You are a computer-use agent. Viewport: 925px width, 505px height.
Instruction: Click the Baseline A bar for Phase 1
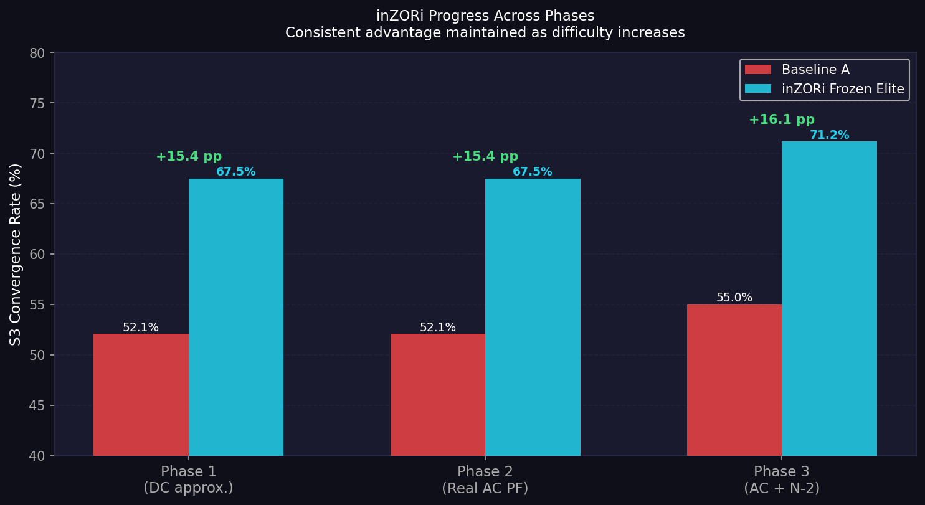141,395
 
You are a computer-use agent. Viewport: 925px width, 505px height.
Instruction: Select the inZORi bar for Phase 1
236,318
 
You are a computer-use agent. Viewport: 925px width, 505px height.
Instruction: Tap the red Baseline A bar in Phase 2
438,395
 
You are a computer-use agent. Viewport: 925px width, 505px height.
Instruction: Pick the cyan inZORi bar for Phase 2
533,318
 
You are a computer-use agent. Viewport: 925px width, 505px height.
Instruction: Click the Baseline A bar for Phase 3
734,380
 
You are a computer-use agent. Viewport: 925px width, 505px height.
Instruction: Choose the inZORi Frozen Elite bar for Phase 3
829,299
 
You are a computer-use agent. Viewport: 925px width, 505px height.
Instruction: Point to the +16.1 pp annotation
781,120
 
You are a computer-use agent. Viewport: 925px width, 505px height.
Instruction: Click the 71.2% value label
829,135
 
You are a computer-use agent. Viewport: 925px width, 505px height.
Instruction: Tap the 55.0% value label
734,298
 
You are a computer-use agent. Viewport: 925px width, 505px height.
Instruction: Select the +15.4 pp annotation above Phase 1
189,157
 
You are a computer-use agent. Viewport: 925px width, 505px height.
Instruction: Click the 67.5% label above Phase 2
533,172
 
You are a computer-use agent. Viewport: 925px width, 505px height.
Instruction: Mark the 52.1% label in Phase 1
141,328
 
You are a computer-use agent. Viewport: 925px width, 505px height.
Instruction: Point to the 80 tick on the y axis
37,53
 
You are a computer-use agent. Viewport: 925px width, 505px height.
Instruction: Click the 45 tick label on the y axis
37,405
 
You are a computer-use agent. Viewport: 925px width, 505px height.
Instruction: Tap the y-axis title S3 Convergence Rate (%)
16,254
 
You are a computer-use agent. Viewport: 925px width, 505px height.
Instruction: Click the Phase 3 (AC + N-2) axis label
782,480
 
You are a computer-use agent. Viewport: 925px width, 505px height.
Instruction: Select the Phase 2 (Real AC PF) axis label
485,480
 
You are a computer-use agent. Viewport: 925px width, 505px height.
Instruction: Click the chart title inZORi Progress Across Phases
485,16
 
